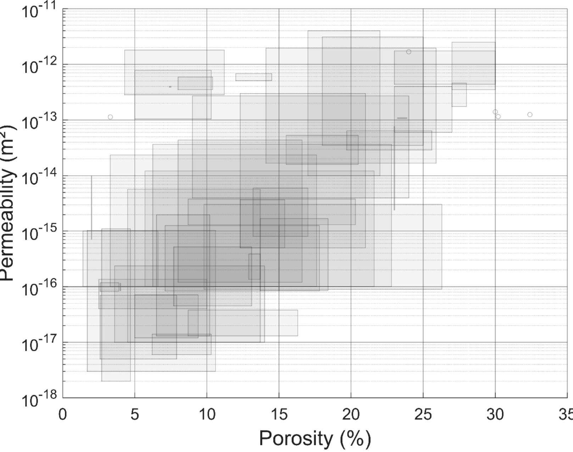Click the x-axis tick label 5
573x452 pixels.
[x=134, y=414]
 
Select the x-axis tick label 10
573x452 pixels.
[x=207, y=414]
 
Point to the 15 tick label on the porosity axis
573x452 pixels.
[x=279, y=414]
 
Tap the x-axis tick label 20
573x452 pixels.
[x=351, y=414]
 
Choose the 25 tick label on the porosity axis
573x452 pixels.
[x=423, y=414]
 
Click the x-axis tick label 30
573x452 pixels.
[x=495, y=414]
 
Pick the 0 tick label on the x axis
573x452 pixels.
[x=63, y=414]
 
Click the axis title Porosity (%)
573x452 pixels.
[x=315, y=438]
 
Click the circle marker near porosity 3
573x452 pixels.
[x=110, y=117]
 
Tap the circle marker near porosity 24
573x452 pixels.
[x=408, y=52]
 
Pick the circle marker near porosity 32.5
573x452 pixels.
[x=530, y=115]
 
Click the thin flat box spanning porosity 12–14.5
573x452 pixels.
[x=254, y=77]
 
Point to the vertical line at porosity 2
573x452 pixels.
[x=91, y=207]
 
